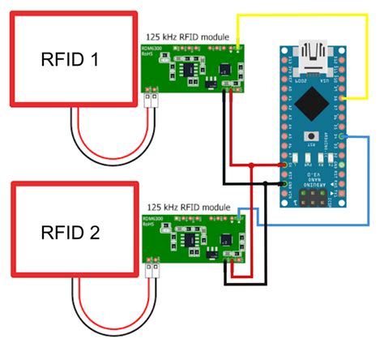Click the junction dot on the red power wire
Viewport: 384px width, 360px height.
tap(252, 165)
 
